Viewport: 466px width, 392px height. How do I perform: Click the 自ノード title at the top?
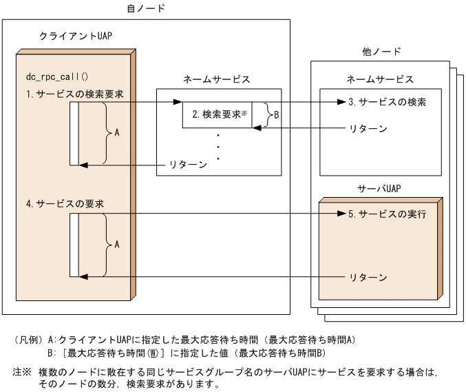click(145, 9)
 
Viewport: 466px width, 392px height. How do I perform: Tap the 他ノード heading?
click(381, 52)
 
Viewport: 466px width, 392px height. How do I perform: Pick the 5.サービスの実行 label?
click(387, 214)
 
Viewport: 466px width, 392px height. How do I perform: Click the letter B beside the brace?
click(276, 115)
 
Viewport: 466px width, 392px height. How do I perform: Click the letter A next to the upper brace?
click(116, 132)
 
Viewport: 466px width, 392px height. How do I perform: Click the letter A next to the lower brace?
click(116, 244)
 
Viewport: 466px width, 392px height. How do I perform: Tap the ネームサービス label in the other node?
click(380, 79)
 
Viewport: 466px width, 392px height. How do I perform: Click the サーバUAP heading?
click(379, 188)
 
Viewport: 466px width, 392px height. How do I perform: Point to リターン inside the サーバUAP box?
click(368, 277)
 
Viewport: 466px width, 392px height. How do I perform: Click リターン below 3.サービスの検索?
click(368, 128)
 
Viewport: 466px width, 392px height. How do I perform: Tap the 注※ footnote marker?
click(22, 371)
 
